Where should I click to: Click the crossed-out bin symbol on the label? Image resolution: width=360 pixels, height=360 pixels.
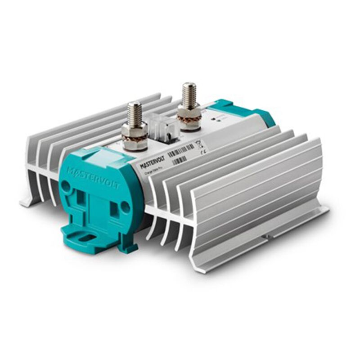(x=199, y=144)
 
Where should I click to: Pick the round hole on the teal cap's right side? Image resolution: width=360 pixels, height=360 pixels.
(x=125, y=207)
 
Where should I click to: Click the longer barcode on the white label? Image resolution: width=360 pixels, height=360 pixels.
(x=180, y=149)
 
